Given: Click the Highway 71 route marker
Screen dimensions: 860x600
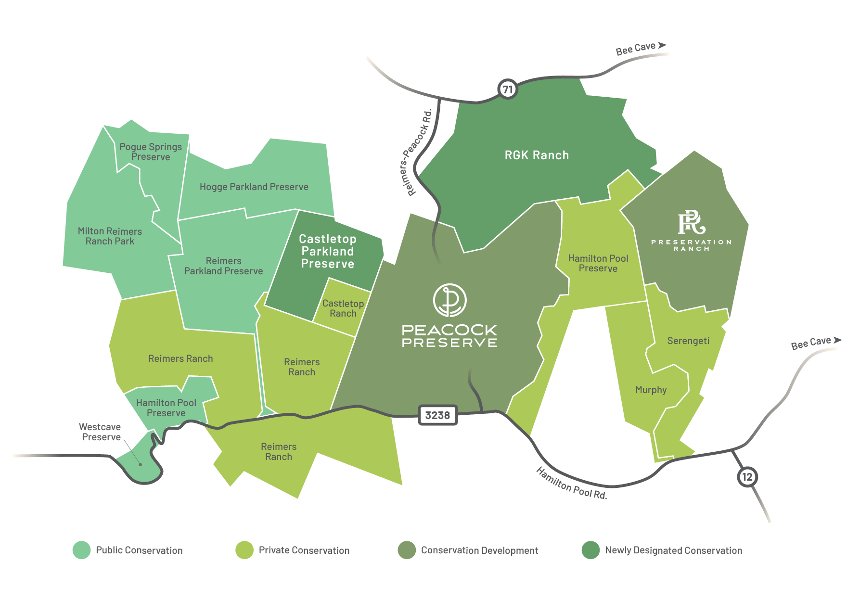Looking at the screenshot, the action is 507,89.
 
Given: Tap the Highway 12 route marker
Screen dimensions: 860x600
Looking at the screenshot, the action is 746,477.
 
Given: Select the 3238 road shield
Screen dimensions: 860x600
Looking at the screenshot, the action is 437,415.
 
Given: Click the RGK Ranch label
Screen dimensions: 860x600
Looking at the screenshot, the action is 537,155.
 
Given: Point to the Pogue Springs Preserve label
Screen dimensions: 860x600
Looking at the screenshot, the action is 151,152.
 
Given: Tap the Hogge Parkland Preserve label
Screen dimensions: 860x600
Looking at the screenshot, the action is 254,187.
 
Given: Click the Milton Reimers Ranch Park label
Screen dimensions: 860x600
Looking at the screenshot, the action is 110,236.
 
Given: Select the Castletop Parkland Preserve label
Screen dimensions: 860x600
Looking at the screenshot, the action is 328,251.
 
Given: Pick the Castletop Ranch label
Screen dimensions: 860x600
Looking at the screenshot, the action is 343,308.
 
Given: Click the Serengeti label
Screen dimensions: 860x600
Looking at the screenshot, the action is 688,341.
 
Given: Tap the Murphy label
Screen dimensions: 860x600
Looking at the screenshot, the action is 651,390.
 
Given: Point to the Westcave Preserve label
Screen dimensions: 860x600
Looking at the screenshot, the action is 100,432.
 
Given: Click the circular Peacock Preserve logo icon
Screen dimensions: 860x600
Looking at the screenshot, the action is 449,300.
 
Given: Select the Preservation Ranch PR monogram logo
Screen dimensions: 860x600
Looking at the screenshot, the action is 692,222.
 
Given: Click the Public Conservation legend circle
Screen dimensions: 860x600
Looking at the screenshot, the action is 81,550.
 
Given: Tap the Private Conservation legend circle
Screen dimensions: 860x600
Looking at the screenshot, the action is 244,550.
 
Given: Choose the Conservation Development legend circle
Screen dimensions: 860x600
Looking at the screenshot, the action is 407,550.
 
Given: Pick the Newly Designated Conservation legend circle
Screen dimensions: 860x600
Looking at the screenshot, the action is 590,550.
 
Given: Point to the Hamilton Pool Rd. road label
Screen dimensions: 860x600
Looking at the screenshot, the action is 571,484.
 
